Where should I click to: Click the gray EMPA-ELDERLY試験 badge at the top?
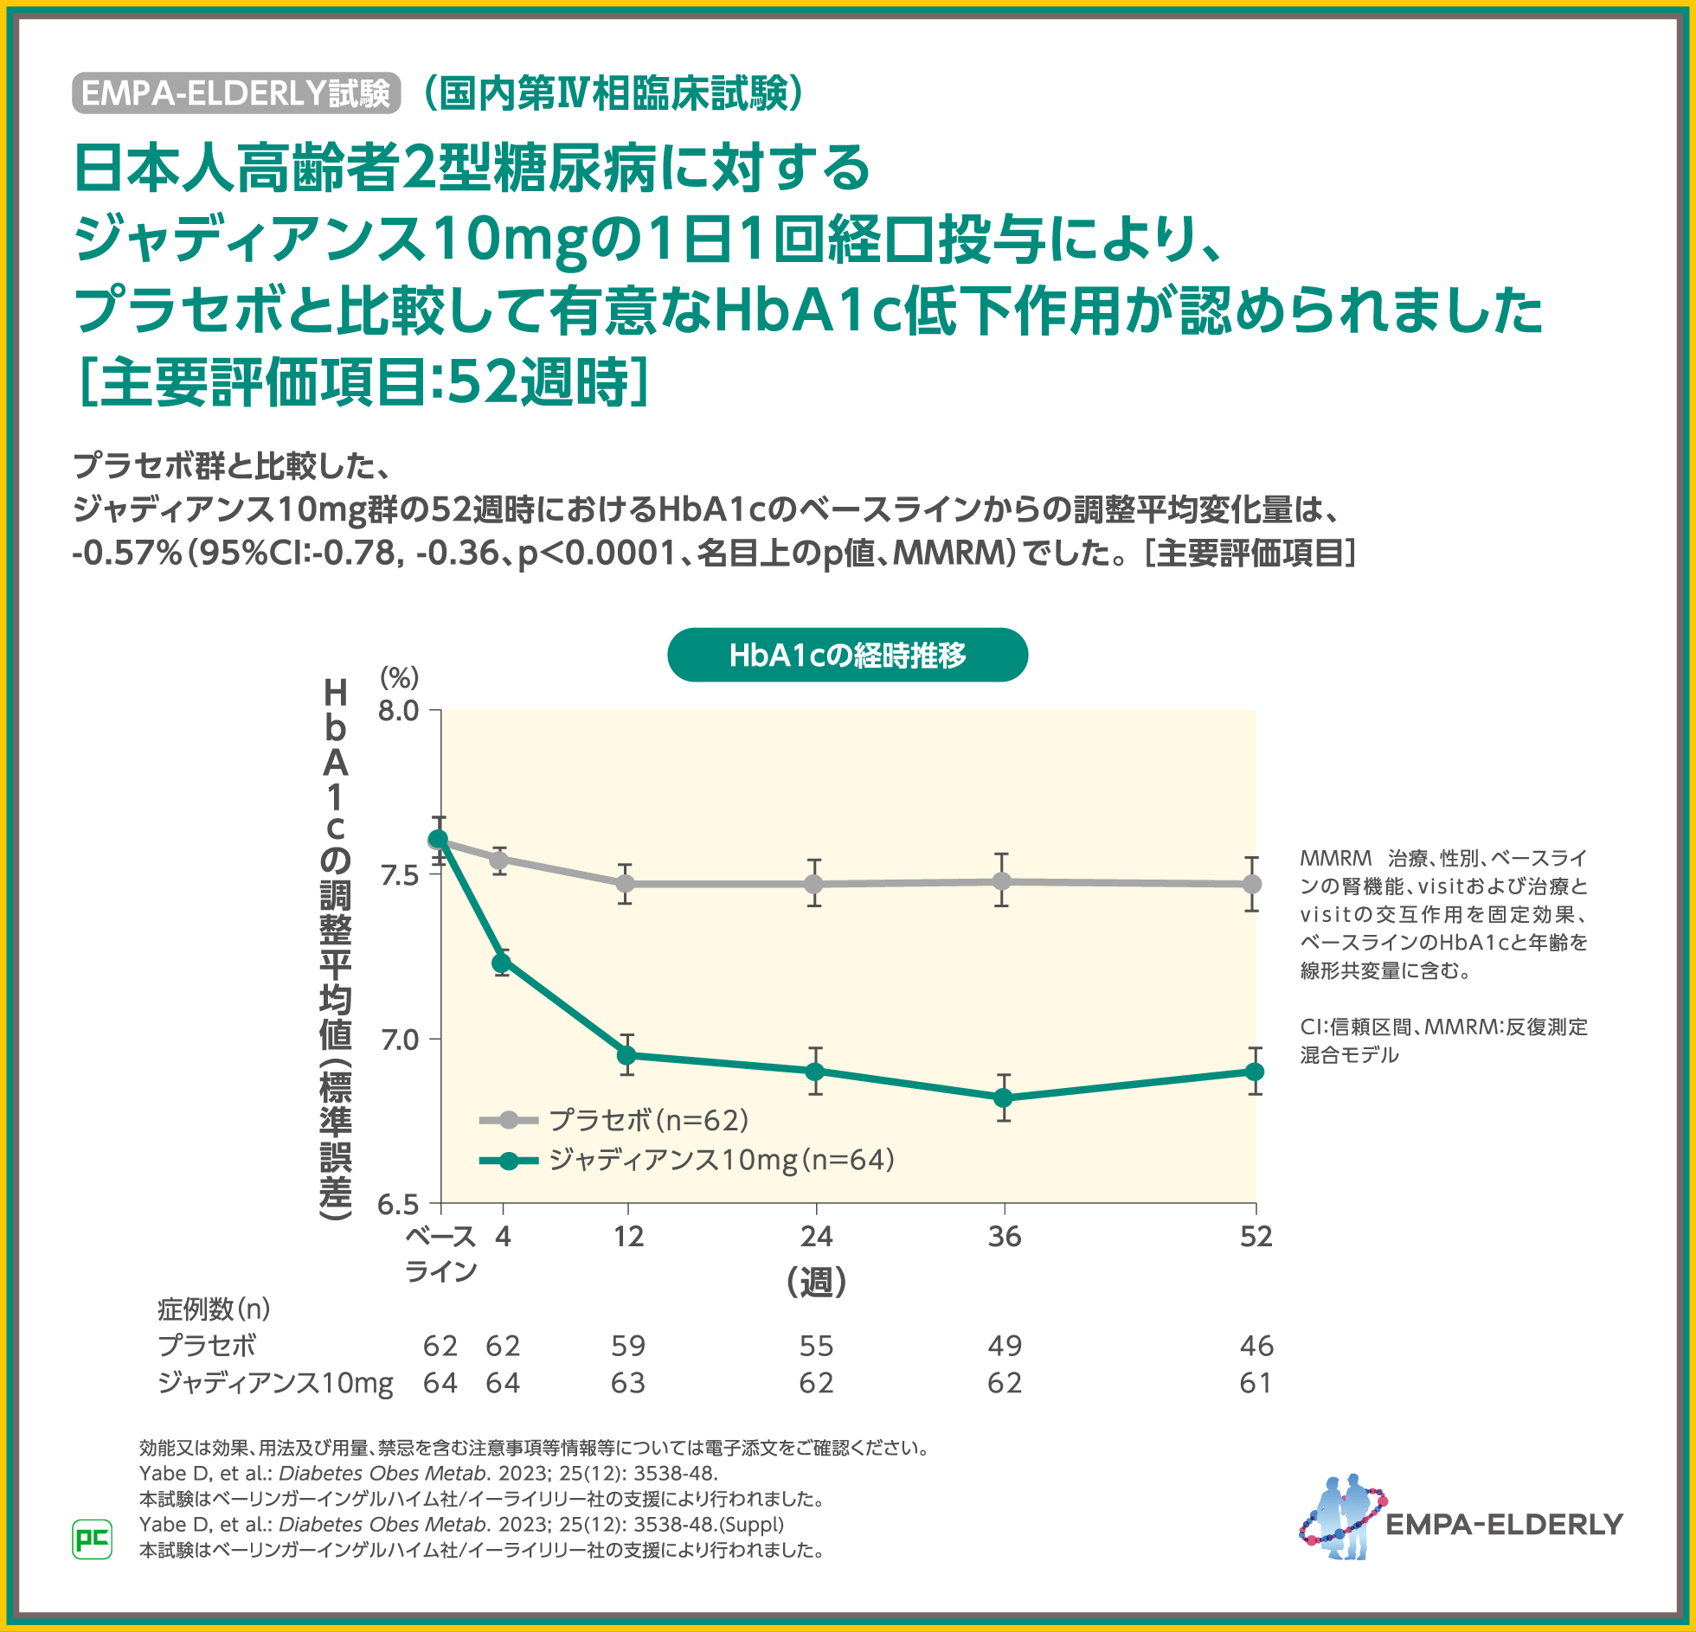(x=235, y=93)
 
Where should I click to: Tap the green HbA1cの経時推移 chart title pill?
(x=847, y=656)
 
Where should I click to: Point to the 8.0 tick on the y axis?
(x=398, y=711)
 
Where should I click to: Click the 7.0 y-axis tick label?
(x=398, y=1039)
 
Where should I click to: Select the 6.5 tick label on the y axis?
(x=398, y=1204)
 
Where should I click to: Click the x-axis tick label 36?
(x=1004, y=1237)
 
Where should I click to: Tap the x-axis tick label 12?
(x=628, y=1237)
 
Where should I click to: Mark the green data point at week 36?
(x=1003, y=1098)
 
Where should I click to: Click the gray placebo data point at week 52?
(x=1252, y=884)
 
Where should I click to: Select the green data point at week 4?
(x=501, y=963)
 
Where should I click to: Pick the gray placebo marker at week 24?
(x=814, y=884)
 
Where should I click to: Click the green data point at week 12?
(x=626, y=1055)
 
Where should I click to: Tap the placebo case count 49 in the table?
(x=1004, y=1346)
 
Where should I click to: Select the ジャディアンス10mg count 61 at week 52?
(x=1256, y=1383)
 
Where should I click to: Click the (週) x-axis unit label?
(x=816, y=1282)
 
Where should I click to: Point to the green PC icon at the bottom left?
(x=92, y=1539)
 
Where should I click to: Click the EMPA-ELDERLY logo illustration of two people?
(x=1342, y=1518)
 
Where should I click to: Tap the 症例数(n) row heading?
(x=214, y=1309)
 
